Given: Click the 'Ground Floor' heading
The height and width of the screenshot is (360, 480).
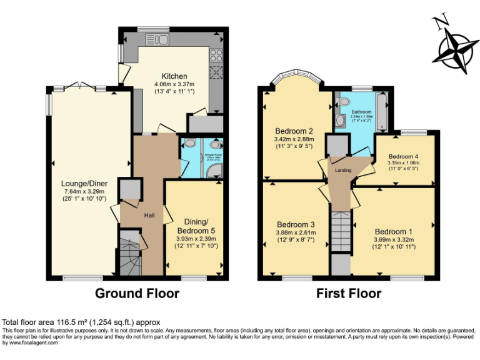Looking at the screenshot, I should tap(137, 293).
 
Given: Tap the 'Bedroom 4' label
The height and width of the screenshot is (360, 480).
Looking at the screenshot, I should tap(403, 156).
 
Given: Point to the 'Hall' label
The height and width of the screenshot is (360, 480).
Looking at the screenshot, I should tap(150, 215).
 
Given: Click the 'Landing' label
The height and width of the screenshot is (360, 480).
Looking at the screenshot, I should tap(343, 170).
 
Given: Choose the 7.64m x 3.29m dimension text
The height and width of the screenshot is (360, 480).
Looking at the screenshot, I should tap(84, 191).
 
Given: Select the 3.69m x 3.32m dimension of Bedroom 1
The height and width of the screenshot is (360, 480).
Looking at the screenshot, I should tap(392, 240).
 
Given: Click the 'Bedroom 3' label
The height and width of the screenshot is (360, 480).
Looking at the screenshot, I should tap(296, 224).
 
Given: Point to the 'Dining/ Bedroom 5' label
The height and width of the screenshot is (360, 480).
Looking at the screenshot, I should tap(197, 226).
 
